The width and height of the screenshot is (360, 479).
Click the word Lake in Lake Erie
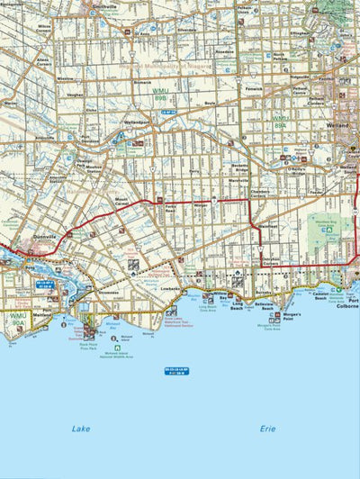click(81, 429)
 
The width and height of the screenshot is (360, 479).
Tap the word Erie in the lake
click(266, 429)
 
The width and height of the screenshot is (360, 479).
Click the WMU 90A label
click(17, 319)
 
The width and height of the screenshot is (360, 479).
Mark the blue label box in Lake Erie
click(176, 370)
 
